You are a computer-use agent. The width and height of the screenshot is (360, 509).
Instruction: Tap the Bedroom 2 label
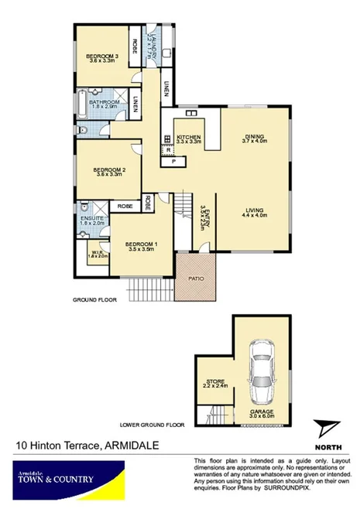[109, 172]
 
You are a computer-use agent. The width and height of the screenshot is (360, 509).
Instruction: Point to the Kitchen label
[188, 138]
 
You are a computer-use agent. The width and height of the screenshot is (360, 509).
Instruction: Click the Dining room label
[253, 138]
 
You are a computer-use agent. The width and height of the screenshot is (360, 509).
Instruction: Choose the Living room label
[253, 212]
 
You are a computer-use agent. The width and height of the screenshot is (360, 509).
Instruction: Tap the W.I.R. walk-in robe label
[98, 253]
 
